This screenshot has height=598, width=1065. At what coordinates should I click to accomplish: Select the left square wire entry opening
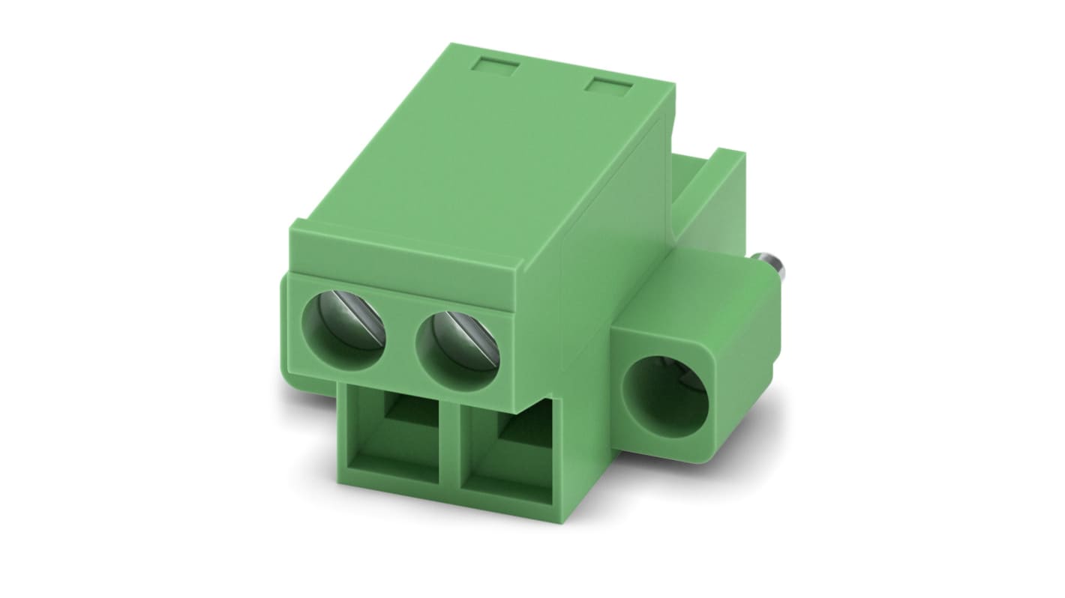click(398, 435)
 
